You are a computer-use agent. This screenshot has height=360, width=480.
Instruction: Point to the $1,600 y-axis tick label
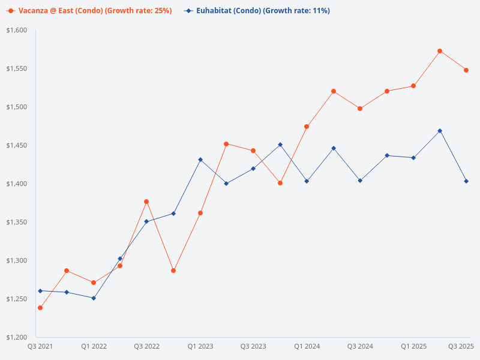coord(17,30)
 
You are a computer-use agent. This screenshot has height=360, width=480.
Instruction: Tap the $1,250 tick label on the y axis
coord(17,299)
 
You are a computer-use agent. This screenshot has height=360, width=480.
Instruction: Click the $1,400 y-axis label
coord(17,184)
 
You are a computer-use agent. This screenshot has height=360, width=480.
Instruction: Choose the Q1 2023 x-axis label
coord(200,346)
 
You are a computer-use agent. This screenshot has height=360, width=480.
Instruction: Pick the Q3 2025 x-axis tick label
coord(461,346)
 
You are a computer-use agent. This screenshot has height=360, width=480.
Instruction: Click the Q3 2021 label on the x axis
coord(40,346)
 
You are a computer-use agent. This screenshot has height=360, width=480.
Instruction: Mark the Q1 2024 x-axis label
coord(307,346)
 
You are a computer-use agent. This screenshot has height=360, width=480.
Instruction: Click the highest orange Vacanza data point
coord(440,51)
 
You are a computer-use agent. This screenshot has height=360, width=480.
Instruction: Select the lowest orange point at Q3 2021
coord(40,308)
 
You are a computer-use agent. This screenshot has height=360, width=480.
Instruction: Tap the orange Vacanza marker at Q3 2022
coord(146,202)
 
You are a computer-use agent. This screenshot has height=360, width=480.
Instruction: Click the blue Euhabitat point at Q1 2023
coord(200,160)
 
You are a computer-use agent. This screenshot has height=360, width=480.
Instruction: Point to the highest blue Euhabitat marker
coord(440,131)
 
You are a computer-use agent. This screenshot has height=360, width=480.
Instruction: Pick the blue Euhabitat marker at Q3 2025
coord(466,181)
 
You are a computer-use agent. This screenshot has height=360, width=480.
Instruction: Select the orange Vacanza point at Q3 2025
coord(466,70)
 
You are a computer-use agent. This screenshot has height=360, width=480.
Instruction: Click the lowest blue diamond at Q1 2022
coord(94,298)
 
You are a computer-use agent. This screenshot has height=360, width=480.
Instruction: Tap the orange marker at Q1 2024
coord(307,127)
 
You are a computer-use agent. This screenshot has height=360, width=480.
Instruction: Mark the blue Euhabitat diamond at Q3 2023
coord(253,169)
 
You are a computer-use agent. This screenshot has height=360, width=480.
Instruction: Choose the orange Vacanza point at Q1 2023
coord(200,213)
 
